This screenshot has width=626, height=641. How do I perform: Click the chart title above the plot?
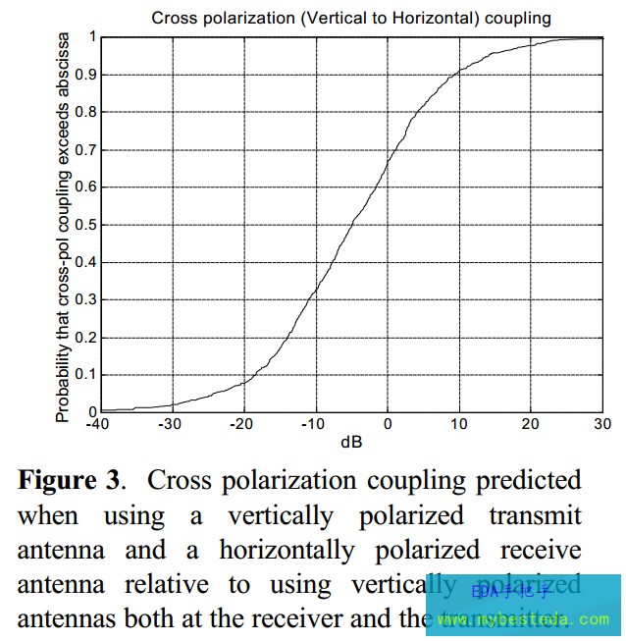pos(350,18)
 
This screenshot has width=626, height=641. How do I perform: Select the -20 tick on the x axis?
pos(242,424)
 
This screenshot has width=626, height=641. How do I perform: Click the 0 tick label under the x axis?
pos(388,424)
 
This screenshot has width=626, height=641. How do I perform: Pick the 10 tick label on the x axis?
pos(458,424)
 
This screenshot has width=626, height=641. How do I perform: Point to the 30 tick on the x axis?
pos(602,424)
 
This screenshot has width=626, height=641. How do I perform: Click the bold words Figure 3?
pos(72,481)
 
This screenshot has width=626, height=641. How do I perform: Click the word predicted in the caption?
pos(529,481)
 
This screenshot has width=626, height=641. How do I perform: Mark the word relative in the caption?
pos(166,585)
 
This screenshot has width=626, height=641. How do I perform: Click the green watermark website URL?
pos(525,620)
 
